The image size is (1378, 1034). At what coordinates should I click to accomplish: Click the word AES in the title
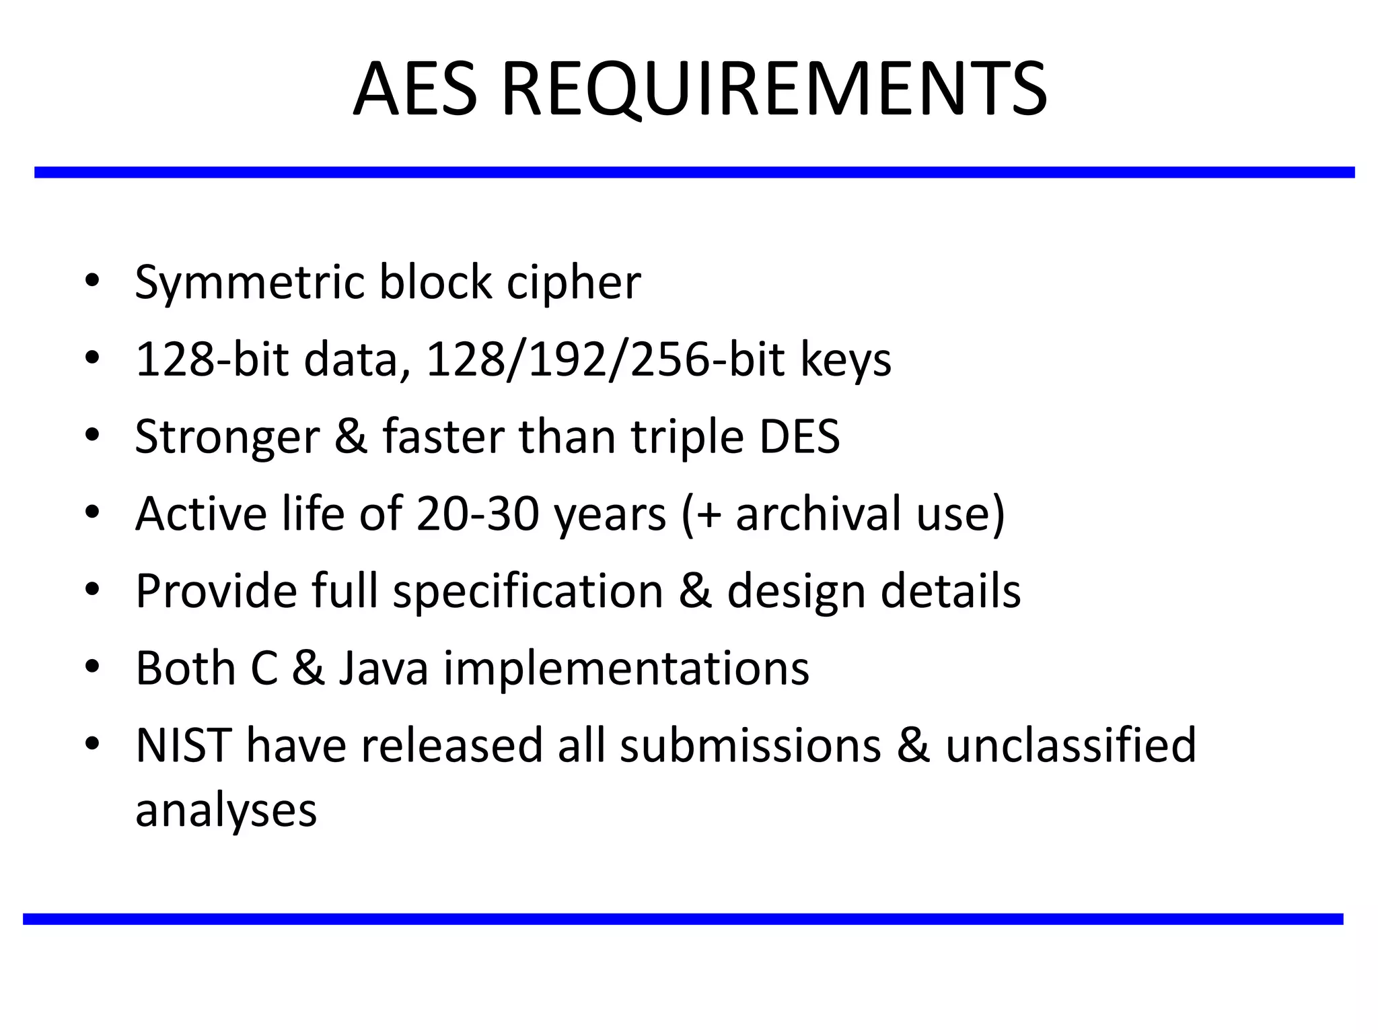[415, 90]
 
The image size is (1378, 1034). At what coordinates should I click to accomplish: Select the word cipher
[573, 283]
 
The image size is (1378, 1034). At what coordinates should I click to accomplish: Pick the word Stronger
[227, 438]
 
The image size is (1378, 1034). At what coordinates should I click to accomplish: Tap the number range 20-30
[478, 514]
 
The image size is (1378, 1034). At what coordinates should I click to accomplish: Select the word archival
[819, 514]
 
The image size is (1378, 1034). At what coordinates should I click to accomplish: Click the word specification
[528, 592]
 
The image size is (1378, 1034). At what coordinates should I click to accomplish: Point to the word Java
[384, 668]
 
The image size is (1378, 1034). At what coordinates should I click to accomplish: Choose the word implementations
[626, 668]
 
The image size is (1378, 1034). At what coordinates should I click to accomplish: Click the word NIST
[184, 745]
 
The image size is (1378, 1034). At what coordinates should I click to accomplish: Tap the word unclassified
[1071, 745]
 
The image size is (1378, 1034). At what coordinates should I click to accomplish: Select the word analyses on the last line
[226, 811]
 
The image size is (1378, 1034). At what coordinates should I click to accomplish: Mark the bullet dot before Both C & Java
[92, 666]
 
